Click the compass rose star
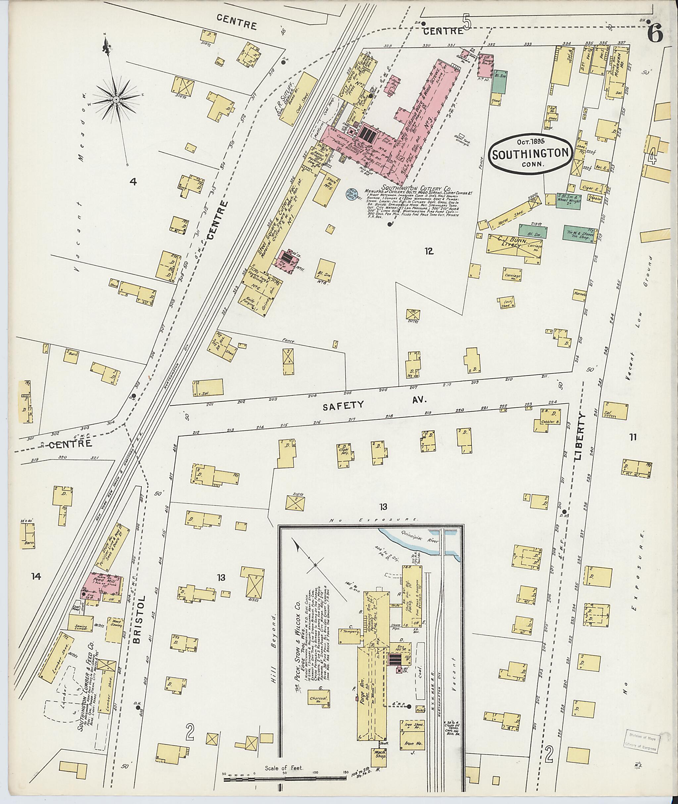click(x=116, y=100)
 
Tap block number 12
click(x=429, y=251)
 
